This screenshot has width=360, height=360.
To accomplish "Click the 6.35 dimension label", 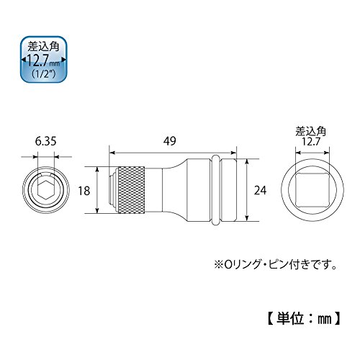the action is (x=45, y=141).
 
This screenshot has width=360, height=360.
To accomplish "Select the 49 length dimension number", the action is (x=170, y=141).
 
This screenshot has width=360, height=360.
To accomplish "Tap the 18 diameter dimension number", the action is (x=84, y=191).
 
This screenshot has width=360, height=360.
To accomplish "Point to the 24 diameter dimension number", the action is (x=261, y=191).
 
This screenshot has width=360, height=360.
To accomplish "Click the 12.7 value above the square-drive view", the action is (x=311, y=142).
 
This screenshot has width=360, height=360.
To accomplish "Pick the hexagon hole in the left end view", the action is (x=45, y=190).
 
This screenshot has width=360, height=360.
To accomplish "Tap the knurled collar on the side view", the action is (x=131, y=190).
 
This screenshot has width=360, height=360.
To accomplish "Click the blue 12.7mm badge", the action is (x=44, y=60).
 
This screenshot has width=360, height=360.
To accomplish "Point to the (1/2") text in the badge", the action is (x=44, y=74).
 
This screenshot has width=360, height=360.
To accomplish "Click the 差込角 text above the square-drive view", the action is (x=311, y=132).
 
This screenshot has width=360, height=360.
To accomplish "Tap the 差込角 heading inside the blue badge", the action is (x=44, y=47).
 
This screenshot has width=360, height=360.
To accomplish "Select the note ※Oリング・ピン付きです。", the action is (x=276, y=265).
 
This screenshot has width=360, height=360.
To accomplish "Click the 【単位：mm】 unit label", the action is (x=304, y=319).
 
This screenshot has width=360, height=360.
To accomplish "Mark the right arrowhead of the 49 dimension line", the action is (x=233, y=153).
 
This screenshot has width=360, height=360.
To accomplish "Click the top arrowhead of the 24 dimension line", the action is (x=246, y=162).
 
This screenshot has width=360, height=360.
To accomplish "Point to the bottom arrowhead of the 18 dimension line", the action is (x=97, y=210).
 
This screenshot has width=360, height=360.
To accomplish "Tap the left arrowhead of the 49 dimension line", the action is (x=112, y=153).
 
